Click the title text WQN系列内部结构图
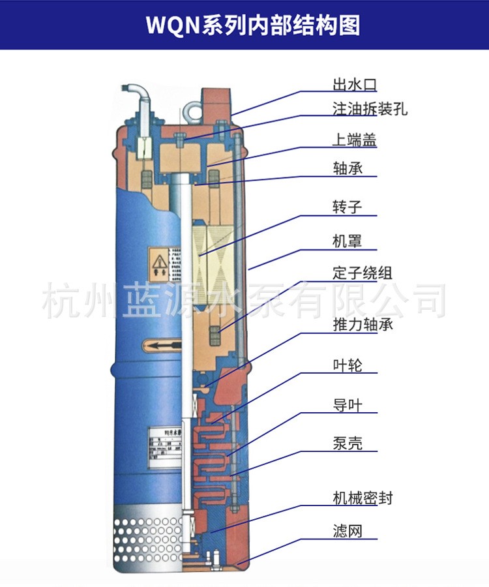244,25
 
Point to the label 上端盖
355,140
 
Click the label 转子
347,207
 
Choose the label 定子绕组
363,273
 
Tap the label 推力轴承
363,324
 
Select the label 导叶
347,406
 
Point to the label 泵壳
347,445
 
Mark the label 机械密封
363,499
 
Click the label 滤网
347,533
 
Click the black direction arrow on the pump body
159,344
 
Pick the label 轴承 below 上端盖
347,168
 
